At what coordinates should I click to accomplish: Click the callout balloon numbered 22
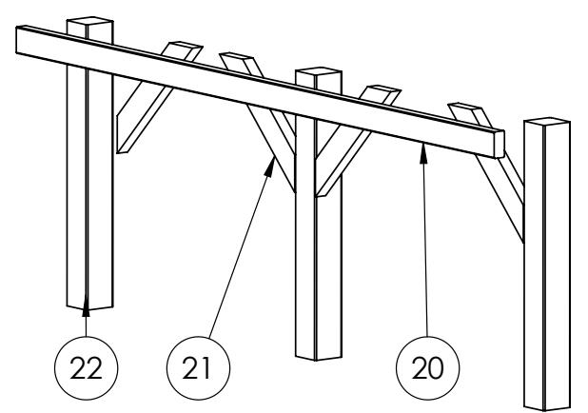tap(87, 368)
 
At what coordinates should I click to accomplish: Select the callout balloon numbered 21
tap(198, 368)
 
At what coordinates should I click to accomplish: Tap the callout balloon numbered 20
tap(427, 368)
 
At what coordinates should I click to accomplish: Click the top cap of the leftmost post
tap(90, 22)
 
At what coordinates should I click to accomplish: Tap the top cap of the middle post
tap(319, 72)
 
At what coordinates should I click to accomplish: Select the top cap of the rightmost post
tap(547, 123)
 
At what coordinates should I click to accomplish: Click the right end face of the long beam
tap(500, 145)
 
